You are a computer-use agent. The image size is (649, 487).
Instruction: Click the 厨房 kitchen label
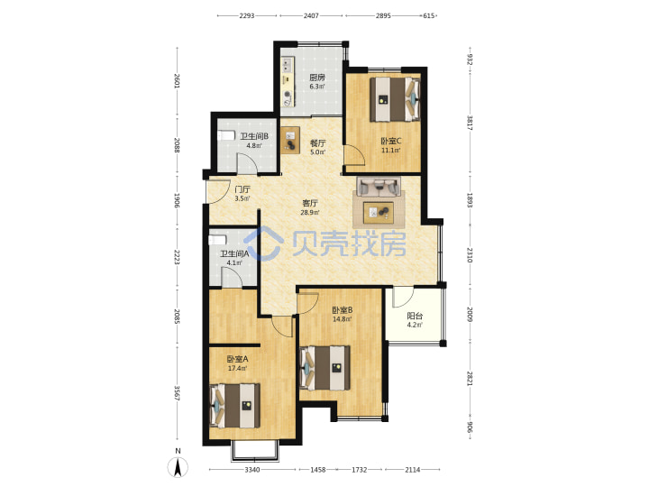[317, 78]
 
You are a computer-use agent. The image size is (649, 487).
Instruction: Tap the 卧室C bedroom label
[390, 142]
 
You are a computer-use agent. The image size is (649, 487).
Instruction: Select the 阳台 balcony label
[415, 316]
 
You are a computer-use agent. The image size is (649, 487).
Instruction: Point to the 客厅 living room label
[310, 203]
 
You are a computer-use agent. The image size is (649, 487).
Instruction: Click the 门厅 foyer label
[242, 189]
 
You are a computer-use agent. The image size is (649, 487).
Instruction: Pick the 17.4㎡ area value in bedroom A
[238, 368]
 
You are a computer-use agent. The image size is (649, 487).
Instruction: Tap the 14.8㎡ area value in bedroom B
[343, 319]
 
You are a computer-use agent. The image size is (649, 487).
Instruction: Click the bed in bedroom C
[395, 99]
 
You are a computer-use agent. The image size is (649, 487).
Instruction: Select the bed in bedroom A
[235, 406]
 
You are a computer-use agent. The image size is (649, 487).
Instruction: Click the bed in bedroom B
[324, 368]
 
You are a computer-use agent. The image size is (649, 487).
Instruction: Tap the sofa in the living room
[379, 187]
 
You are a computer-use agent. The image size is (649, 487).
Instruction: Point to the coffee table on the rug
[379, 212]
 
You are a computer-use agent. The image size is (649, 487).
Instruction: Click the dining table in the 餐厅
[290, 140]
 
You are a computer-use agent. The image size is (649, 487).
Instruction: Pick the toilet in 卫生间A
[217, 240]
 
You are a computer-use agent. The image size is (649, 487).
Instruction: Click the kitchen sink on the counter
[288, 64]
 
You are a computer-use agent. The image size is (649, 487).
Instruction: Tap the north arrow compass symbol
[178, 467]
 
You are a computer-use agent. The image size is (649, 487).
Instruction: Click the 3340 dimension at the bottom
[252, 470]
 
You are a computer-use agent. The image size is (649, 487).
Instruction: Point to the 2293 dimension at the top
[247, 15]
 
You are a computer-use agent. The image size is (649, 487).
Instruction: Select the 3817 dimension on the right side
[470, 123]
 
